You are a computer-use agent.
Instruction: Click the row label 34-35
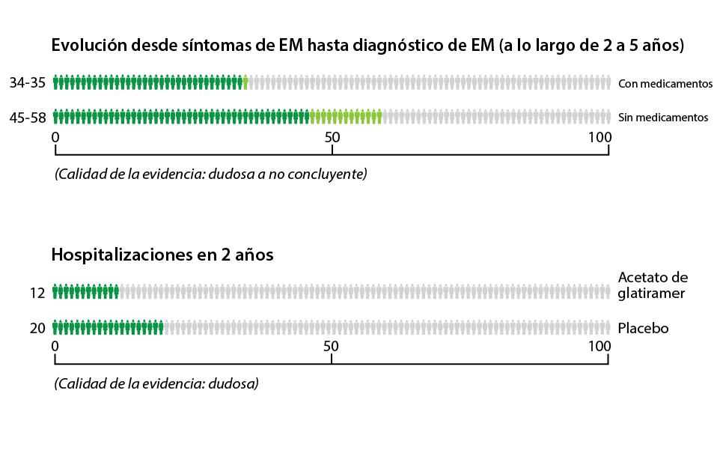(27, 83)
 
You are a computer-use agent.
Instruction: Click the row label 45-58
(27, 118)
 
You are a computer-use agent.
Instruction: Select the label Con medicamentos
(665, 84)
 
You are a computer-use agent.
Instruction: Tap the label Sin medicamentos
(662, 118)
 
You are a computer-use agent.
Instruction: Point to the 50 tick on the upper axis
(332, 138)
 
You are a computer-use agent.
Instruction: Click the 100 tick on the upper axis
(599, 138)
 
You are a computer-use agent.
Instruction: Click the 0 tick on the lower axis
(55, 346)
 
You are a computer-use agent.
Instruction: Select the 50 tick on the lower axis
(332, 346)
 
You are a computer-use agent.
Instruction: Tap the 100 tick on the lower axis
(599, 346)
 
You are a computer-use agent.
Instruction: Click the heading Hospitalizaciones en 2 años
(162, 255)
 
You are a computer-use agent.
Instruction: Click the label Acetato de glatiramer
(653, 285)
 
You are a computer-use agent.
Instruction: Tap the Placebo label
(643, 328)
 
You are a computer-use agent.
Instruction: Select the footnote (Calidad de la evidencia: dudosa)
(156, 383)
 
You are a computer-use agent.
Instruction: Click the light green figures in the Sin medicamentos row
(345, 117)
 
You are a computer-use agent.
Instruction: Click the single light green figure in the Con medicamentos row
(245, 82)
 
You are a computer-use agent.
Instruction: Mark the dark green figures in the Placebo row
(109, 327)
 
